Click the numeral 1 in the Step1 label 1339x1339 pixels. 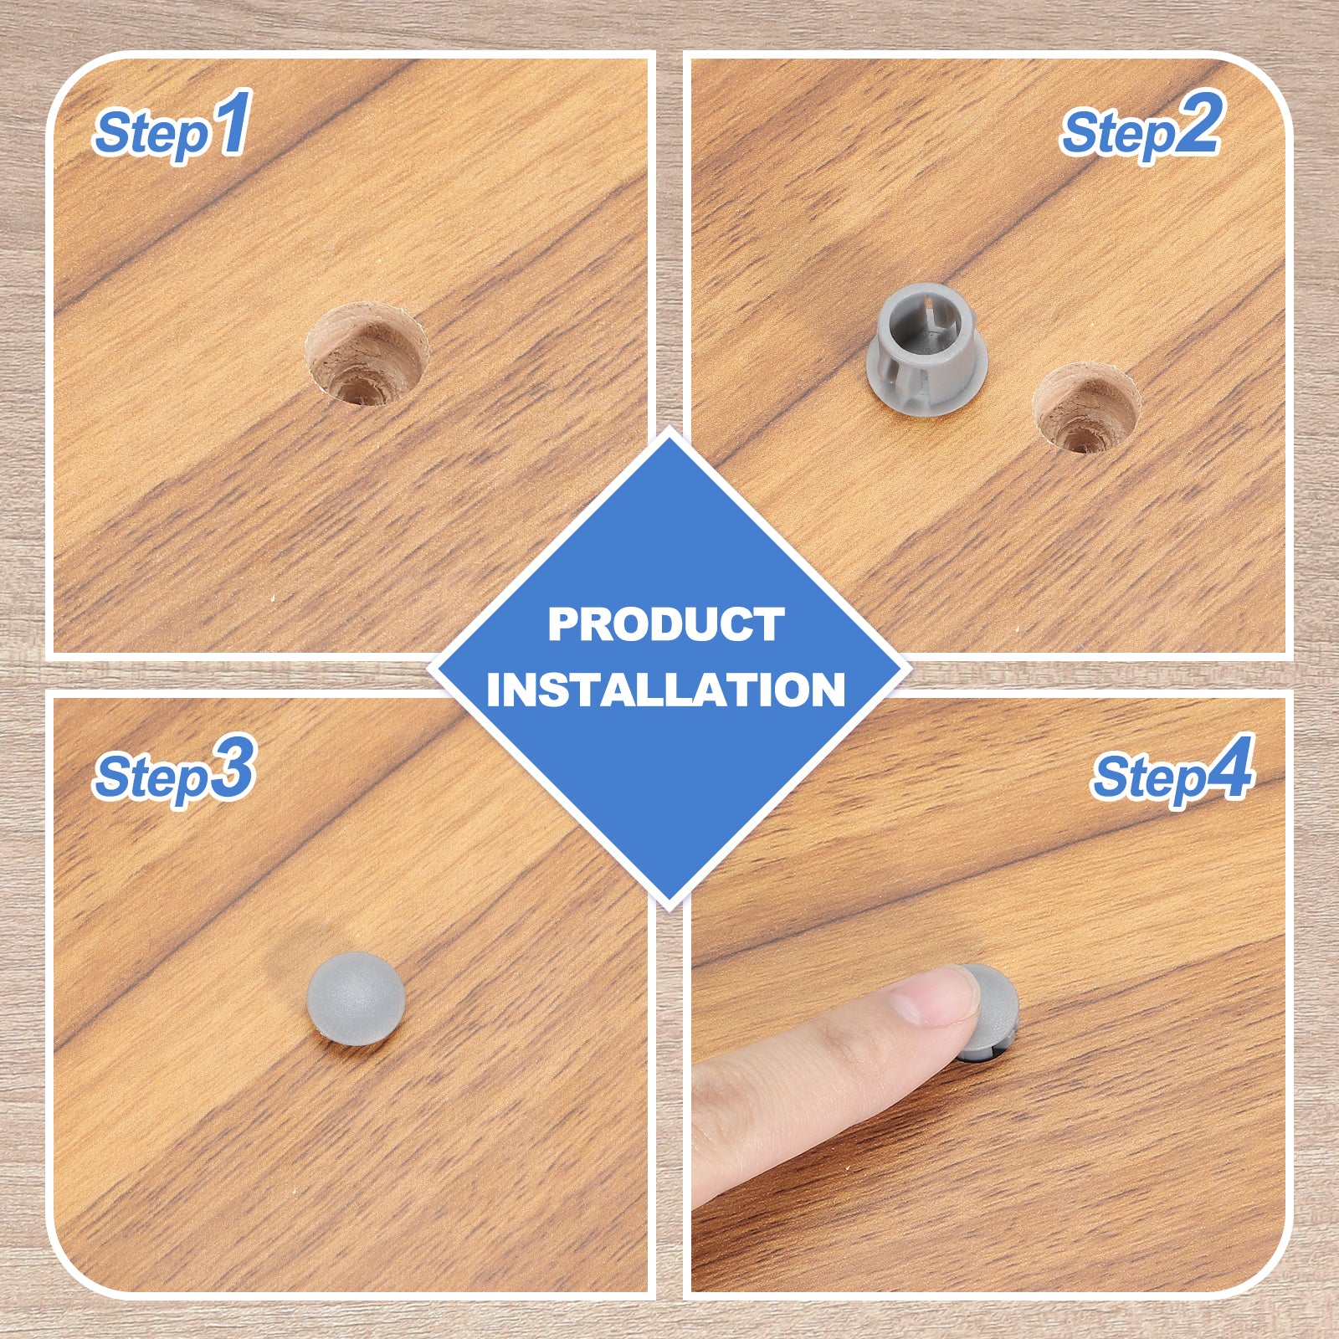[x=232, y=123]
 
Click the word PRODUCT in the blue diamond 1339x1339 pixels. [x=666, y=624]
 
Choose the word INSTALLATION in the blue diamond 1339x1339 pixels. [x=666, y=690]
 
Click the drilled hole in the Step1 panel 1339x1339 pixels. [x=367, y=355]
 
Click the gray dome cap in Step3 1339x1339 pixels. [x=356, y=998]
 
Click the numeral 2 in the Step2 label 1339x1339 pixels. [x=1198, y=123]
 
